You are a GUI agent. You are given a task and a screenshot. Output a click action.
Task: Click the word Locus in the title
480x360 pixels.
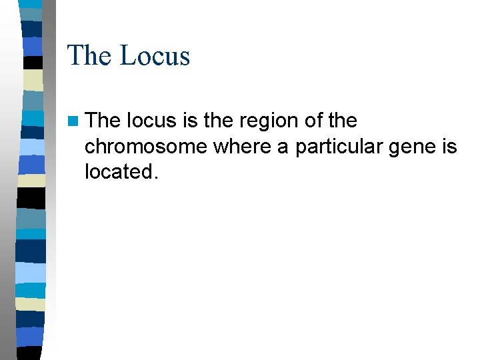tap(155, 55)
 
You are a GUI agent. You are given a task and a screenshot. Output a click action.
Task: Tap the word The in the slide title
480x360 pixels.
tap(89, 55)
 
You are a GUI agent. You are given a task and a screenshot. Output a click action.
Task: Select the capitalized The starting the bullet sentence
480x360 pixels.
tap(103, 121)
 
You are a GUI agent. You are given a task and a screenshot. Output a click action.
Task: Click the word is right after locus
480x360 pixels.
tap(190, 121)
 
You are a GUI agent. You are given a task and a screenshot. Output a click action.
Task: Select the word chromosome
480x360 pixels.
tap(146, 147)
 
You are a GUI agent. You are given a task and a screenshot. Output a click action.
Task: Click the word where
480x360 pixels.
tap(243, 147)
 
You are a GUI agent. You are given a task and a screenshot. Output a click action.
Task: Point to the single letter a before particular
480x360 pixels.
tap(283, 147)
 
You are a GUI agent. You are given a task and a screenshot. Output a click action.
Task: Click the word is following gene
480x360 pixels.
tap(449, 146)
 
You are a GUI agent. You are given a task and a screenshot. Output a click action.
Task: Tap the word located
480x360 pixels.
tap(119, 171)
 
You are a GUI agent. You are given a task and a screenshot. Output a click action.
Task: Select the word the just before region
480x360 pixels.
tap(221, 121)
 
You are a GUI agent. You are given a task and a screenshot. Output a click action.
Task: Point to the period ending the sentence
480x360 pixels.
tap(157, 177)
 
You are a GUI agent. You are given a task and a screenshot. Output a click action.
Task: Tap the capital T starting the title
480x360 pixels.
tap(75, 55)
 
